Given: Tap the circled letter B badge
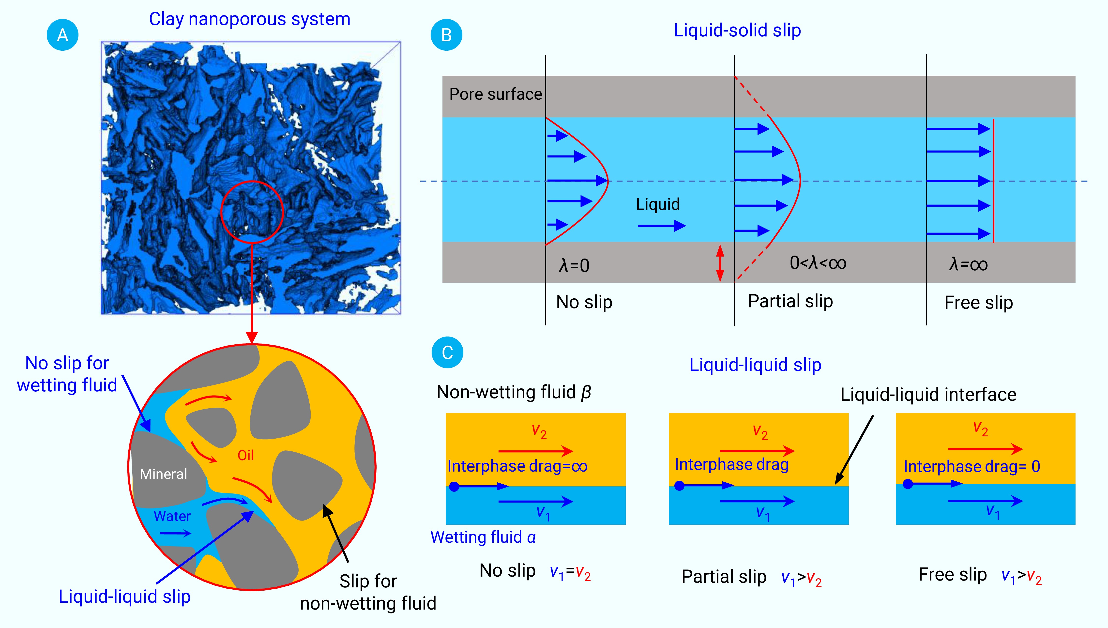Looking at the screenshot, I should tap(446, 35).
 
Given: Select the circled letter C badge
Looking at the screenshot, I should tap(447, 352).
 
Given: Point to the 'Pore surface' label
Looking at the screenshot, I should tap(495, 94).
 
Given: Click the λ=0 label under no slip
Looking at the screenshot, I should tap(574, 265).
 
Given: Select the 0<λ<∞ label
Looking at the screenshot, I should tap(818, 263).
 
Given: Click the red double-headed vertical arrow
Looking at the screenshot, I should tap(720, 263).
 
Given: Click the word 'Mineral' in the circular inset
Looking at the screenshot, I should tap(163, 474).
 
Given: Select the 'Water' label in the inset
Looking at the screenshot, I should tap(172, 516).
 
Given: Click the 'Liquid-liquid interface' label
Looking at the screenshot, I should tap(928, 395).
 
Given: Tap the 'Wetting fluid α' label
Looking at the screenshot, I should tap(483, 537).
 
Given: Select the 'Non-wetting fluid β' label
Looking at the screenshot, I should tap(514, 392).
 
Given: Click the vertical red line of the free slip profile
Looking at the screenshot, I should tap(993, 181).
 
